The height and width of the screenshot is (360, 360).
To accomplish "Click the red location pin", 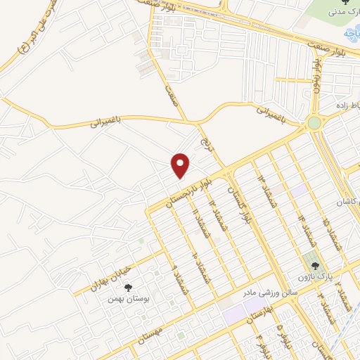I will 181,165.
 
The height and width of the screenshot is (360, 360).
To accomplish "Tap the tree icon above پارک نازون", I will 314,266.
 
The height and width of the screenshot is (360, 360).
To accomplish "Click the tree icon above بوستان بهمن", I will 128,288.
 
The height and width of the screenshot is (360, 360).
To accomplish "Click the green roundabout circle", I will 314,124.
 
